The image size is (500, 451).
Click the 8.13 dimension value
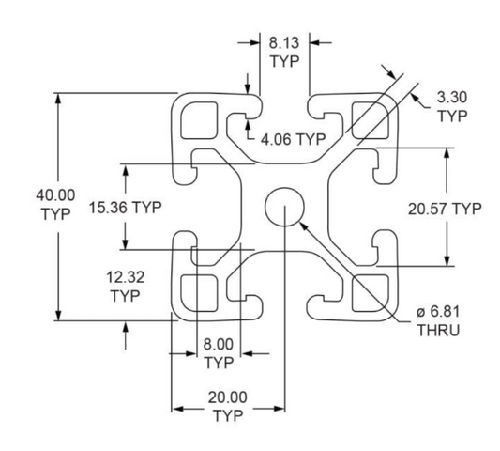[284, 43]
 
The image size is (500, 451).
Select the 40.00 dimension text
[55, 194]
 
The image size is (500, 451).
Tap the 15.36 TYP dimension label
[126, 208]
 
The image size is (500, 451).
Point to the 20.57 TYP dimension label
[445, 210]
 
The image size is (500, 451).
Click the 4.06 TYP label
[294, 139]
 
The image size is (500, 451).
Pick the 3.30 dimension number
[452, 97]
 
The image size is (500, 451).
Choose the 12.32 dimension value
[126, 277]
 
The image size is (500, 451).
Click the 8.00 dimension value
[219, 345]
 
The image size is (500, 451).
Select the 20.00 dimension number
[228, 397]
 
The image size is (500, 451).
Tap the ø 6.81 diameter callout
[439, 311]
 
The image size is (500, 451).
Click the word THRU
[439, 330]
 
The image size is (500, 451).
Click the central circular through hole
[284, 207]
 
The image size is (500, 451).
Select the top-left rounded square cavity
[199, 120]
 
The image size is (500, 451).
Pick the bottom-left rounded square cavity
[199, 293]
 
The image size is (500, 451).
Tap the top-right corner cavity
[371, 120]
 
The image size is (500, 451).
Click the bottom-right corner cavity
[371, 293]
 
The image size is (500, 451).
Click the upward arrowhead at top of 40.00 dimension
[58, 99]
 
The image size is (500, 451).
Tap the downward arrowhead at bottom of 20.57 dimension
[447, 260]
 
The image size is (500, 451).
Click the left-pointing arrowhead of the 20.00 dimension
[177, 409]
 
